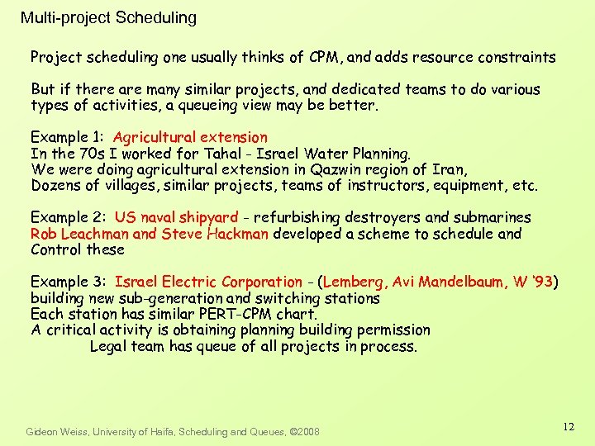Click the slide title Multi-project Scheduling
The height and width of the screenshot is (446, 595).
tap(108, 17)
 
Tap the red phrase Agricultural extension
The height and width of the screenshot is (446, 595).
tap(190, 137)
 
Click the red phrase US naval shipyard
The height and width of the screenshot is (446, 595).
tap(176, 217)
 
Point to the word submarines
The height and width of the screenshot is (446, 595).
tap(493, 217)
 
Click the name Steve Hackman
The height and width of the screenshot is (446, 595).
tap(215, 234)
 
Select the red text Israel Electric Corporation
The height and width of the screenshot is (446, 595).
tap(209, 282)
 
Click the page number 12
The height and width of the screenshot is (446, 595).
tap(568, 427)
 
